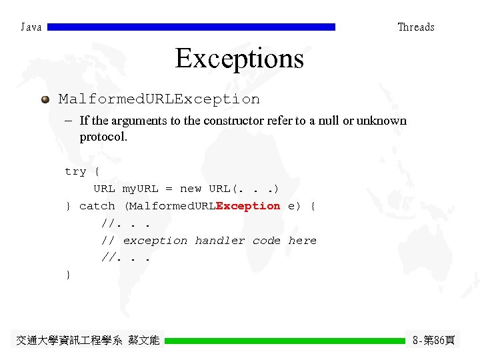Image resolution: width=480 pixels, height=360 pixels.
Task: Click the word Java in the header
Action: point(31,27)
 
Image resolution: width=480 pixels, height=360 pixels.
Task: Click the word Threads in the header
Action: point(415,27)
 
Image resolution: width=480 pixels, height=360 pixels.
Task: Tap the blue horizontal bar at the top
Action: point(191,27)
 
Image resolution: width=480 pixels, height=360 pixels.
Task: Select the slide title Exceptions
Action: point(239,59)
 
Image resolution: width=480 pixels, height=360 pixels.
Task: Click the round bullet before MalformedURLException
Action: point(45,99)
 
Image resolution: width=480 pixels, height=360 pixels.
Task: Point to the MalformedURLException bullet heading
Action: point(159,99)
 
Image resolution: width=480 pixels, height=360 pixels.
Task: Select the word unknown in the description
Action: point(381,121)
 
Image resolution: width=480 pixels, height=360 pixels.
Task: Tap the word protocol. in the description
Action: point(103,137)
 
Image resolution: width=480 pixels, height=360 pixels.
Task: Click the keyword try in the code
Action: point(75,171)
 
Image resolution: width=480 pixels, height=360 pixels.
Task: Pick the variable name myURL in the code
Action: point(140,189)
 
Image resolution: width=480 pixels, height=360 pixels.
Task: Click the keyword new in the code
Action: point(191,189)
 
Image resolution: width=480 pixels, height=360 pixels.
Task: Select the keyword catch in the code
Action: point(97,206)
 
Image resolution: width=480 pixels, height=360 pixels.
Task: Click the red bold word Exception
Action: point(248,206)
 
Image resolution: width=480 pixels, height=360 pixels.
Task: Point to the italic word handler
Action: point(220,240)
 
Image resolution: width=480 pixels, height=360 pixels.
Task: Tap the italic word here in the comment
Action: point(303,240)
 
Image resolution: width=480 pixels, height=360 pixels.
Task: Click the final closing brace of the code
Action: point(68,275)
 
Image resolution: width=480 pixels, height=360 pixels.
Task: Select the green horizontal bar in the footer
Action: point(285,341)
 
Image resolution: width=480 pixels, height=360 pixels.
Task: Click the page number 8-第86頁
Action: point(433,341)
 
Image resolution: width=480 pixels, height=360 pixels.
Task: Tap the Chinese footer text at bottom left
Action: point(87,341)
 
